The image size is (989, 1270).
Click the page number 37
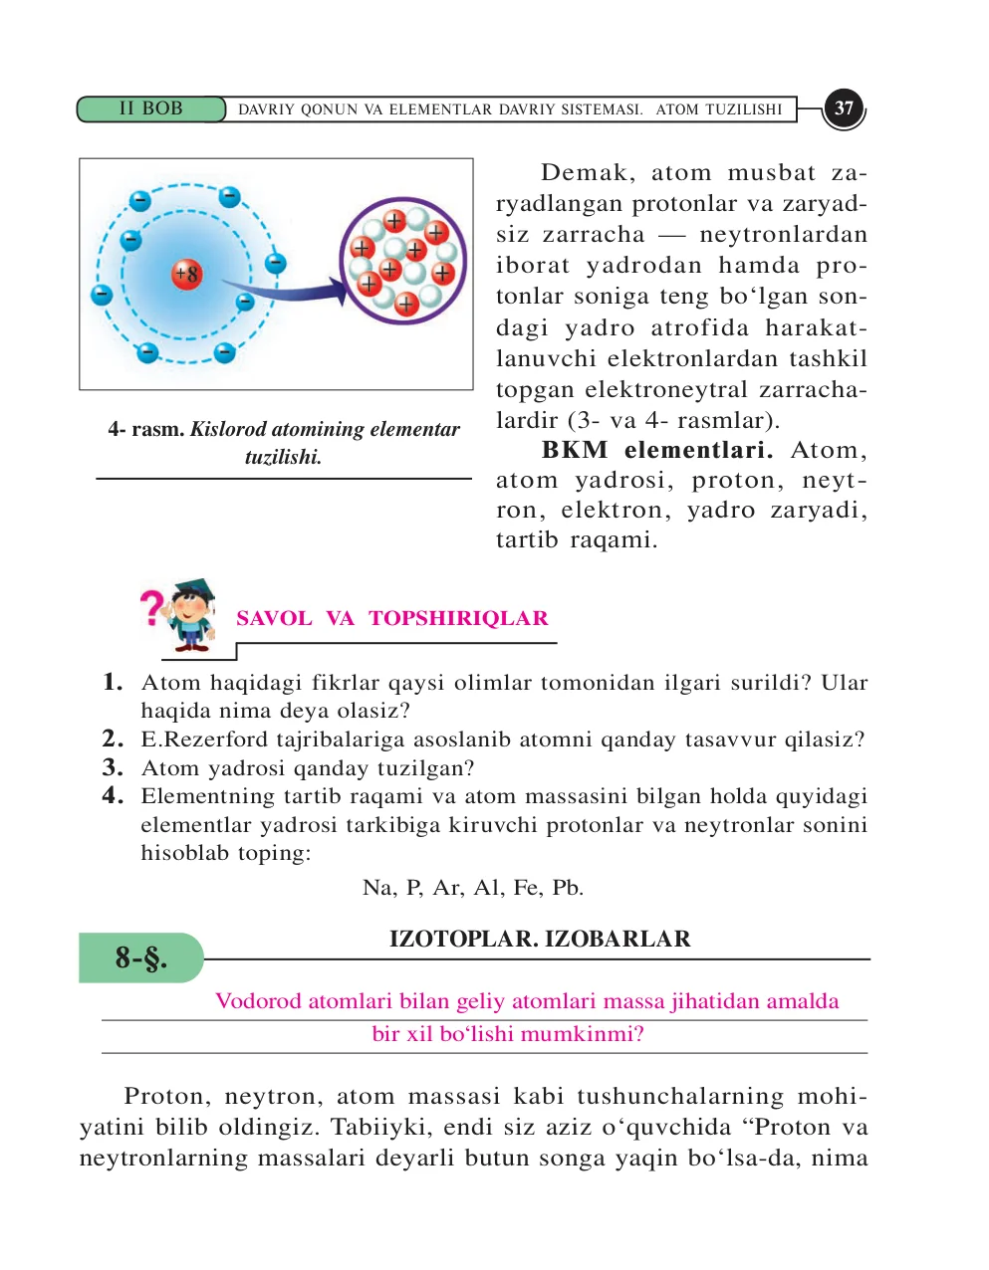(x=844, y=108)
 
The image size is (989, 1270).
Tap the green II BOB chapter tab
(x=150, y=108)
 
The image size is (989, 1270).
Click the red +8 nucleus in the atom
(x=186, y=274)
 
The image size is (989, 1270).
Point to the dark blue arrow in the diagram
(x=289, y=292)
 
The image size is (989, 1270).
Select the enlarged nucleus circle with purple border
(x=403, y=260)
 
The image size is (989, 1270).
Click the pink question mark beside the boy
(x=150, y=607)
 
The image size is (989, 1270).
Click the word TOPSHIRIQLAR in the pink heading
(x=458, y=618)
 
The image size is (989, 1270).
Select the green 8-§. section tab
(x=140, y=957)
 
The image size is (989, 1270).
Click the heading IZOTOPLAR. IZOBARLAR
(x=540, y=939)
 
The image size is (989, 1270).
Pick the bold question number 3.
(x=113, y=767)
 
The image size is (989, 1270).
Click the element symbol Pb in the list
(x=568, y=887)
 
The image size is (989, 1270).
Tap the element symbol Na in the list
(x=378, y=887)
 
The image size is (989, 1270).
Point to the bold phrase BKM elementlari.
(x=657, y=450)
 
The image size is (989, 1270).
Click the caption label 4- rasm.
(x=145, y=429)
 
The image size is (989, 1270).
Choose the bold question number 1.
(x=113, y=683)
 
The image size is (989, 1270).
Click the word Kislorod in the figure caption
(x=228, y=429)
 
